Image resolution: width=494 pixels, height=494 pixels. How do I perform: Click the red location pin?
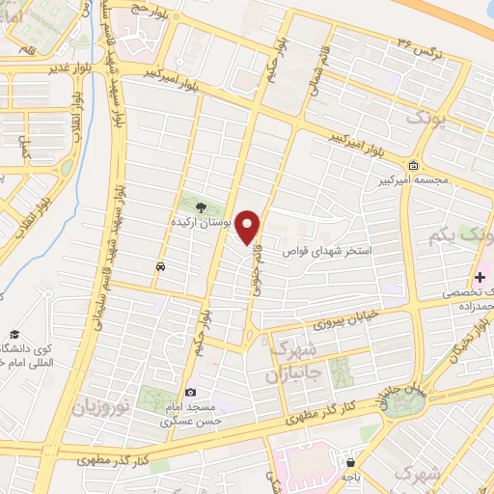(249, 226)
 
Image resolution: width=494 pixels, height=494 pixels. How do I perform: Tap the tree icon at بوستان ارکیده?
(201, 206)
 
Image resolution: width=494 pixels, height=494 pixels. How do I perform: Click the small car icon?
(160, 264)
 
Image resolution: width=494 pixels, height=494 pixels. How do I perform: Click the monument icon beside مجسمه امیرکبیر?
(414, 164)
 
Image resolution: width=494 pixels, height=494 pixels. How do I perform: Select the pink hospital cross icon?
(480, 277)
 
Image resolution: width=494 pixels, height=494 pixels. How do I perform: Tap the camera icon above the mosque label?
(191, 392)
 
